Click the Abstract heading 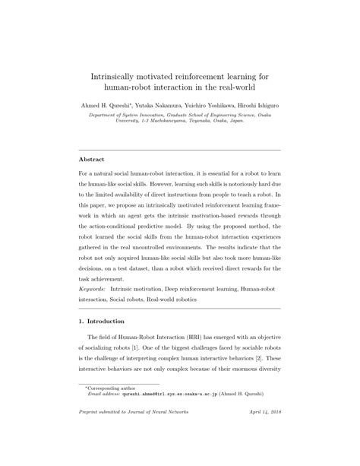[93, 160]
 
